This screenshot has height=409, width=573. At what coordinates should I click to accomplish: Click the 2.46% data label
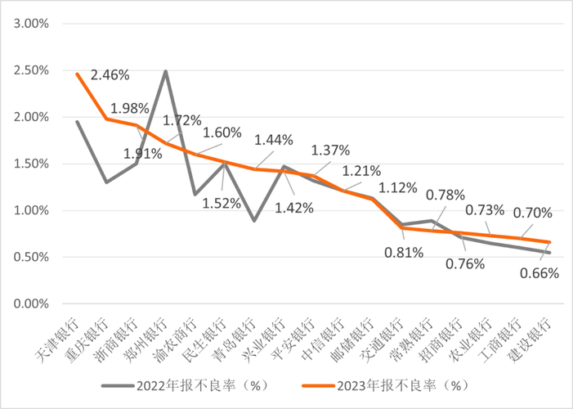(110, 75)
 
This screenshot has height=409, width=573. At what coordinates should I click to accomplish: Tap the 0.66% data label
(540, 273)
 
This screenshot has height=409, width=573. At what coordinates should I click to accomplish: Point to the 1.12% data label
(400, 188)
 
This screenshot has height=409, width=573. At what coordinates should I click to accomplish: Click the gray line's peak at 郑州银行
(166, 71)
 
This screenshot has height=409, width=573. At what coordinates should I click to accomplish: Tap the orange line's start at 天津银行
(77, 74)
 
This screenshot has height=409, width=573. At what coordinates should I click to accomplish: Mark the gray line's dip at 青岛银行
(254, 221)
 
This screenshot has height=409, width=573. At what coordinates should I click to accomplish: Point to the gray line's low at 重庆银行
(106, 182)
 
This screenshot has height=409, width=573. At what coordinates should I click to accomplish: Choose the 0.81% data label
(404, 252)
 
